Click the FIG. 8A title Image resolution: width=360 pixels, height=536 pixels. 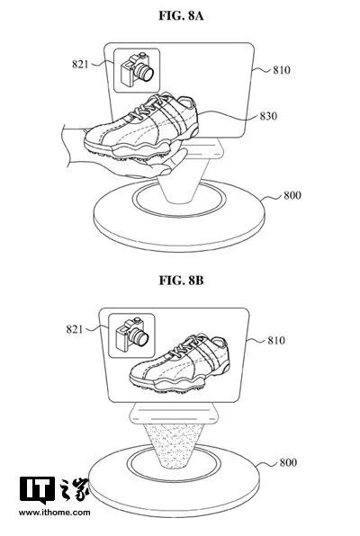181,15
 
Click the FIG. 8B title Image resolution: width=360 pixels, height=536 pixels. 181,281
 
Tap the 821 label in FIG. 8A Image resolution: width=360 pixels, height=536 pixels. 80,64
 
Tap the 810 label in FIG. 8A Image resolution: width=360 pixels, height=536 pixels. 282,70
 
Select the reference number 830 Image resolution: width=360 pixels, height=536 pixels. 268,116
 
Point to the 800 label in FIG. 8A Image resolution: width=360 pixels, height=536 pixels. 292,195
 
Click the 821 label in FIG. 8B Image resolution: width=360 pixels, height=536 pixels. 75,329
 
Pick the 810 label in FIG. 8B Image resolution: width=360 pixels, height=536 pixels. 276,341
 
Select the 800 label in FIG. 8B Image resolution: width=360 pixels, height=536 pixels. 288,462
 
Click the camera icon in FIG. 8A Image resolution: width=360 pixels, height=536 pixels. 137,69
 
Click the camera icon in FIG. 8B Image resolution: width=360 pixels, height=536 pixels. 132,335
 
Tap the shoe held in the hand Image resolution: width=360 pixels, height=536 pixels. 141,126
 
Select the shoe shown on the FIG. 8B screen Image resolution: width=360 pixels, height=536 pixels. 180,363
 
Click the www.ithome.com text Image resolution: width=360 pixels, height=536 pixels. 54,513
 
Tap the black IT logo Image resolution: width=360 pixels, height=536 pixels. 37,489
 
